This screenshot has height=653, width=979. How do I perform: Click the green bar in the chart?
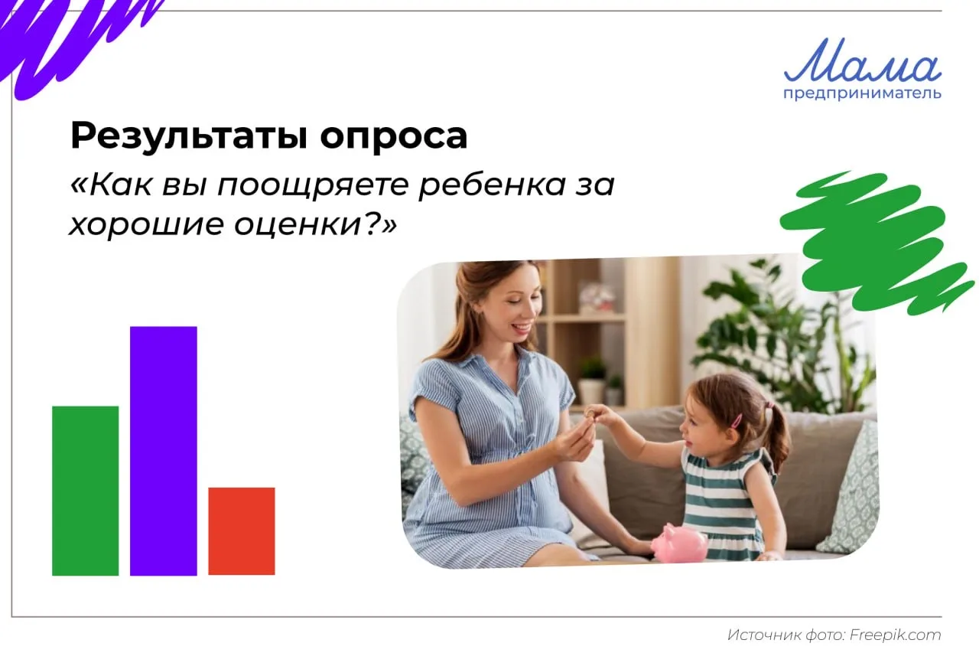tap(85, 491)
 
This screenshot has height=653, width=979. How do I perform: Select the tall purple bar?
tap(164, 451)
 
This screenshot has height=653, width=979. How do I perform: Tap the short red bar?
tap(242, 531)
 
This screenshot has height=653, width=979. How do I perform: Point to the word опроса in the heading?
tap(394, 137)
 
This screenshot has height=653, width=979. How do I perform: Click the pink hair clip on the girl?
tap(737, 421)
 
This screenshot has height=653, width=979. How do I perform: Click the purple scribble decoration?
tap(74, 44)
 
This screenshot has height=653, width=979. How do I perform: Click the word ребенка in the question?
tap(493, 184)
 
